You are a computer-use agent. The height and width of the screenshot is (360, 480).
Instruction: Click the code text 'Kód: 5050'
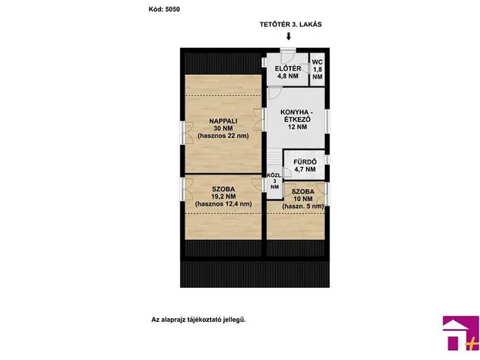click(x=164, y=9)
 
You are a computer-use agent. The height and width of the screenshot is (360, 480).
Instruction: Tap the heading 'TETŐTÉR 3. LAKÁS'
click(x=290, y=25)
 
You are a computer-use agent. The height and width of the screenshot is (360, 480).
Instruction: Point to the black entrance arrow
click(x=288, y=37)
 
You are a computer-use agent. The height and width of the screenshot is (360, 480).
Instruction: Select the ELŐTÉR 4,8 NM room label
click(x=288, y=72)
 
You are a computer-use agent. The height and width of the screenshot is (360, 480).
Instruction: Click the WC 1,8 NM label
click(x=317, y=70)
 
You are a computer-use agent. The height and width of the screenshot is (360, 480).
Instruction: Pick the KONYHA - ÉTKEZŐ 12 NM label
click(x=295, y=119)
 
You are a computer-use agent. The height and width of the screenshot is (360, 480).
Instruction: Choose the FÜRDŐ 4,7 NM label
click(x=305, y=166)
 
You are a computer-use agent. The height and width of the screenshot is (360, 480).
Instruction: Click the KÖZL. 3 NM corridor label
click(x=274, y=181)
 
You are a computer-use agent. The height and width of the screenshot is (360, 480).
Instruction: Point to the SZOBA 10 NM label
click(x=303, y=195)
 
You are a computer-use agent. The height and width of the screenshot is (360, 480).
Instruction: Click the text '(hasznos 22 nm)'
click(x=223, y=136)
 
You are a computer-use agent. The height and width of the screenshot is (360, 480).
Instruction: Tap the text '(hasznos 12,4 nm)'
click(x=223, y=204)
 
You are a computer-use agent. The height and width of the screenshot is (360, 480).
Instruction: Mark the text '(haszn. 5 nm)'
click(x=303, y=206)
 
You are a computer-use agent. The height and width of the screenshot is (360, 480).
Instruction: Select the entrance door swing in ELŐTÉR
click(x=288, y=55)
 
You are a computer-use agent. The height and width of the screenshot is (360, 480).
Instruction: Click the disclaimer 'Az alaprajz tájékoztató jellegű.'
click(x=198, y=320)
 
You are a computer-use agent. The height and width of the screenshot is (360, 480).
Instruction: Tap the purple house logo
click(x=460, y=333)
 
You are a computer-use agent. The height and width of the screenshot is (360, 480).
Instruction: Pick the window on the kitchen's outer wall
click(x=327, y=121)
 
